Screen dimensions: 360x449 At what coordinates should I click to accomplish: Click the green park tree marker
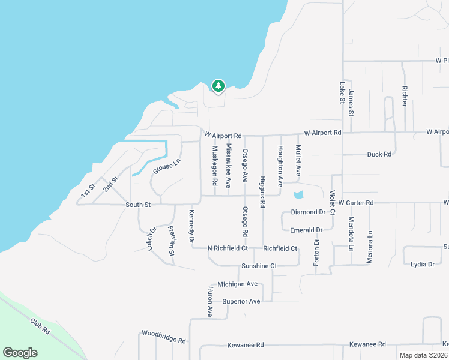pyautogui.click(x=218, y=86)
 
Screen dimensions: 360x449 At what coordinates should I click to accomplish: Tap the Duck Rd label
pyautogui.click(x=379, y=154)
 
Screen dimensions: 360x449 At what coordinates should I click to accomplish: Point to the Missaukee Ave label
pyautogui.click(x=229, y=166)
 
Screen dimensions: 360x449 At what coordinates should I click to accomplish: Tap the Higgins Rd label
pyautogui.click(x=262, y=191)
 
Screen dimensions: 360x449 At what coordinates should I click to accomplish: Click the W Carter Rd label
pyautogui.click(x=356, y=203)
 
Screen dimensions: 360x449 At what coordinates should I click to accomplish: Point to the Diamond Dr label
pyautogui.click(x=307, y=212)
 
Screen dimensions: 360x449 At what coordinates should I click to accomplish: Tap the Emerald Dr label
pyautogui.click(x=306, y=230)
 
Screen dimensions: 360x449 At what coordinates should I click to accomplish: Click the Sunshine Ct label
pyautogui.click(x=259, y=266)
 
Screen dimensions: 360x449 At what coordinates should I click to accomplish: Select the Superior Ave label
pyautogui.click(x=241, y=301)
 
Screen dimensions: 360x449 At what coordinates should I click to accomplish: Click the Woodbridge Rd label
pyautogui.click(x=163, y=336)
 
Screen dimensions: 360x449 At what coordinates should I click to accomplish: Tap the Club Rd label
pyautogui.click(x=41, y=326)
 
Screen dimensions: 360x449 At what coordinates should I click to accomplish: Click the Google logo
pyautogui.click(x=20, y=353)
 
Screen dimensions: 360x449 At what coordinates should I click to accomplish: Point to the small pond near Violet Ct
pyautogui.click(x=298, y=195)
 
